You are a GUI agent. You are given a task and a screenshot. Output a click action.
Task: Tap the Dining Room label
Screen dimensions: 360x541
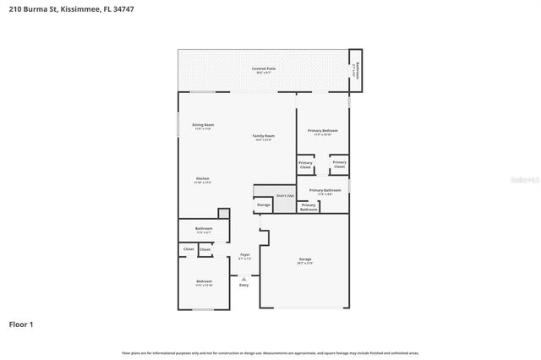pos(203,126)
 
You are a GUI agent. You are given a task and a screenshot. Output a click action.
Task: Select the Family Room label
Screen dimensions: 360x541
pos(264,137)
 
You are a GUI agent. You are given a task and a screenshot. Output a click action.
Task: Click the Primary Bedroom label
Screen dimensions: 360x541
pos(323,132)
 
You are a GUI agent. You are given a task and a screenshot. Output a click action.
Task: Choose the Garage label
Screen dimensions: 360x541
pos(304,260)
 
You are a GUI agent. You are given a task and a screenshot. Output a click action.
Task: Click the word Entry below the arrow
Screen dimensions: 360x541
pos(244,286)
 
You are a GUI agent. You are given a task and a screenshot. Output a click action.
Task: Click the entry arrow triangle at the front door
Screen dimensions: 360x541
pos(244,277)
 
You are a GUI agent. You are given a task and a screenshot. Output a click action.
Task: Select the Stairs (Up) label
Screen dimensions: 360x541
pos(285,195)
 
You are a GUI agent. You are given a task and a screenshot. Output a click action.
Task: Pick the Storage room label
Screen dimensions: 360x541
pos(263,204)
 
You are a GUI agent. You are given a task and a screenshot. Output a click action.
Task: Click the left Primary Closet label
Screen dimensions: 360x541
pos(305,165)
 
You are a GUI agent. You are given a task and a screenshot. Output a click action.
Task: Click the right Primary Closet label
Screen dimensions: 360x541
pos(339,165)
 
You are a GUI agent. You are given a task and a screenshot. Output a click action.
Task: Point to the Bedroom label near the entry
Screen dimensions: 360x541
pos(203,282)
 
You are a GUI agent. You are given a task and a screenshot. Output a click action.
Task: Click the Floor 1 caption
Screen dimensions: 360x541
pos(21,324)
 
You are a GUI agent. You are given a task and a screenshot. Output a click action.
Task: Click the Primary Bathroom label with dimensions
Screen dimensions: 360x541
pos(325,192)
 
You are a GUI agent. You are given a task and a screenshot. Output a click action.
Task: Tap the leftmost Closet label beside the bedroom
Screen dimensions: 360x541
pos(189,249)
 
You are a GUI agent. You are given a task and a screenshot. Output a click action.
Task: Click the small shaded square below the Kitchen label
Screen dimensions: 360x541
pos(224,213)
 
